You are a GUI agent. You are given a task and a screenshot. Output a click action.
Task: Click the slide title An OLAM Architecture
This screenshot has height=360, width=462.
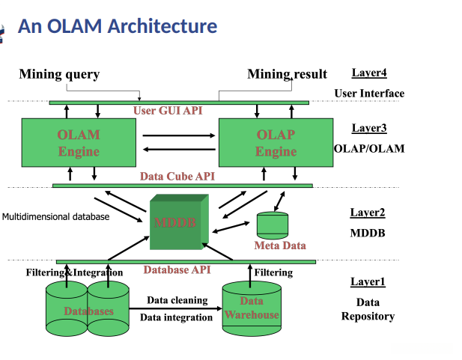tap(118, 26)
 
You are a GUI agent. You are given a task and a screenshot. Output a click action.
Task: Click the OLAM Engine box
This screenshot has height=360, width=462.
tap(79, 142)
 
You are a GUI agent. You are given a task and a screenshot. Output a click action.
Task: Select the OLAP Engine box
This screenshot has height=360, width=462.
tap(276, 142)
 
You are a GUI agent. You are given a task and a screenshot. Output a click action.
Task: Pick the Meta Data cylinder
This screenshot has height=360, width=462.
tap(273, 225)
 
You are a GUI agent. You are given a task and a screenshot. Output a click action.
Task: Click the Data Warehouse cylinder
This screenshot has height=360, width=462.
tap(252, 308)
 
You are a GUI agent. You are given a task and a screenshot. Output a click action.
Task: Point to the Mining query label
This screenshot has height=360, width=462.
tap(59, 74)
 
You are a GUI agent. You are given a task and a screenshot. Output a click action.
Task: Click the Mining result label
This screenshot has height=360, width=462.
tap(288, 74)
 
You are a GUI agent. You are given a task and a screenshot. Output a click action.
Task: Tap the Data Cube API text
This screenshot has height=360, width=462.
tap(177, 177)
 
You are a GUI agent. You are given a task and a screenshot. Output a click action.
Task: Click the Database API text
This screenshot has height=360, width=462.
tap(177, 269)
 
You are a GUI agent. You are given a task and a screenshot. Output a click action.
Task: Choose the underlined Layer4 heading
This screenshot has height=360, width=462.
tap(369, 73)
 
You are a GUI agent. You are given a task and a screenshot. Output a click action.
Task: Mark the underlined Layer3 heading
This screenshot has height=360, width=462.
tap(369, 128)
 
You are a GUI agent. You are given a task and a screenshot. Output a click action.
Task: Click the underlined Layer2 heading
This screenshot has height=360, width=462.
tap(368, 213)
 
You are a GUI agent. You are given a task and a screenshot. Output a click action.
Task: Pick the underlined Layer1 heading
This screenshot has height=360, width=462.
tap(368, 281)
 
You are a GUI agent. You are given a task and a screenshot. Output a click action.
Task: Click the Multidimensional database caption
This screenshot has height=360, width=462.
tap(56, 217)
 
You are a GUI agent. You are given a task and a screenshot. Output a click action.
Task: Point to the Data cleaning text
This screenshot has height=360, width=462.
tap(177, 300)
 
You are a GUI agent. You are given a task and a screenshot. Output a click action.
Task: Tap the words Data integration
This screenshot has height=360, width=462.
tap(177, 317)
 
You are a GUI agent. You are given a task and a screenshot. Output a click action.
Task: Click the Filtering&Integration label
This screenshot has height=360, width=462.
tap(74, 272)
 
